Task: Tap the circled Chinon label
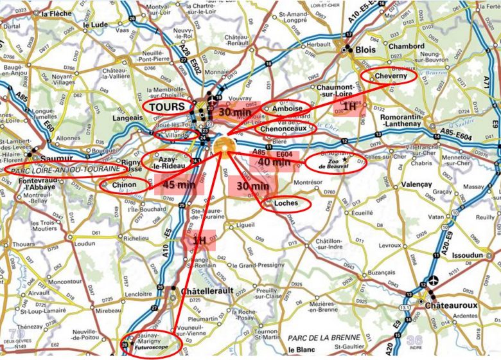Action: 125,185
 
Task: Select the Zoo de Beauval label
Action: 337,162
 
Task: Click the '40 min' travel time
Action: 274,162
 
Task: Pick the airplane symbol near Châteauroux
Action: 435,280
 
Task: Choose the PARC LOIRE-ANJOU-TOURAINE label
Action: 64,169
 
